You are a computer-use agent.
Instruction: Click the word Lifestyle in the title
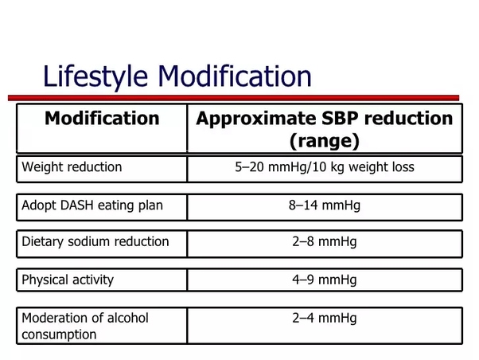[x=95, y=76]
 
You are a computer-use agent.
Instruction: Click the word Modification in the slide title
[x=235, y=76]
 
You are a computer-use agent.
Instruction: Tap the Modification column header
[x=102, y=118]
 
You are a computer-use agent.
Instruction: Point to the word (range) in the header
[x=325, y=141]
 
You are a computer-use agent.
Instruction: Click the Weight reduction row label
[x=72, y=167]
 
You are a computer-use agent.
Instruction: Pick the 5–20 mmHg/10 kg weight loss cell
[x=325, y=167]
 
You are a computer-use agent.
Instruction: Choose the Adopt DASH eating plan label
[x=92, y=205]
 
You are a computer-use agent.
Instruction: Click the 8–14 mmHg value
[x=325, y=205]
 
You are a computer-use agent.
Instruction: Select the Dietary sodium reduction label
[x=95, y=241]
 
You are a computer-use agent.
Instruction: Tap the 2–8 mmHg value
[x=325, y=241]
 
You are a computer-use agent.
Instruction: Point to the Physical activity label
[x=68, y=280]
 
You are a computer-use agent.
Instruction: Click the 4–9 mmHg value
[x=325, y=280]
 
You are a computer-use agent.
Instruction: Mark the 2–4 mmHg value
[x=325, y=318]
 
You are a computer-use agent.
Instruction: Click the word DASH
[x=76, y=205]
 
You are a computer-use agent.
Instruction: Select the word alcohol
[x=128, y=318]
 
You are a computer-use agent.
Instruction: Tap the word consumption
[x=59, y=335]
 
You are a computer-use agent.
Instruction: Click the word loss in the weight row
[x=403, y=167]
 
